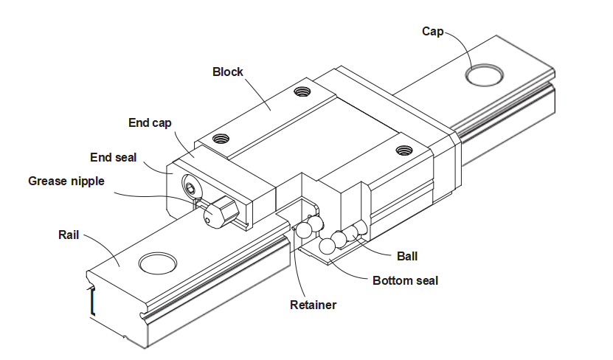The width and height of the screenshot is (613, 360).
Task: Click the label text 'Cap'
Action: click(432, 31)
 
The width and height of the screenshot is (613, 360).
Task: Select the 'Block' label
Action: click(227, 72)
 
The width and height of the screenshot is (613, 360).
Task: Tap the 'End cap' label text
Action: click(150, 123)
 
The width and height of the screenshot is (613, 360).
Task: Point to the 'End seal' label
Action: click(113, 157)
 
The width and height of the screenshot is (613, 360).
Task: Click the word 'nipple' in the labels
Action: click(87, 181)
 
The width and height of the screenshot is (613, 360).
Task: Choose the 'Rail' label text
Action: click(69, 235)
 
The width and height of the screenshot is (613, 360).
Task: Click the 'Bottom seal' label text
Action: click(405, 280)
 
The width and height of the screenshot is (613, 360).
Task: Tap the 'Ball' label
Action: click(406, 256)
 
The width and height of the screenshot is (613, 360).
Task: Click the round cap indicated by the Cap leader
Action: click(484, 74)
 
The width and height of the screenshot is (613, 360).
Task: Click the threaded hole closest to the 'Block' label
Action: click(301, 92)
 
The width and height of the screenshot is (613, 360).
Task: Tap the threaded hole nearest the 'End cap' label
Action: click(219, 137)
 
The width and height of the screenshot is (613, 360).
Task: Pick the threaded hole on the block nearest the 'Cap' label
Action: click(403, 150)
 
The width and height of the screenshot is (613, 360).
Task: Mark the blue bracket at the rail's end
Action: click(92, 302)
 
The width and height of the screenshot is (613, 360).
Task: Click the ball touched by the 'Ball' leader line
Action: click(352, 233)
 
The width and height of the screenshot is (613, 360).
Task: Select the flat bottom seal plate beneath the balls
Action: click(325, 255)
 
